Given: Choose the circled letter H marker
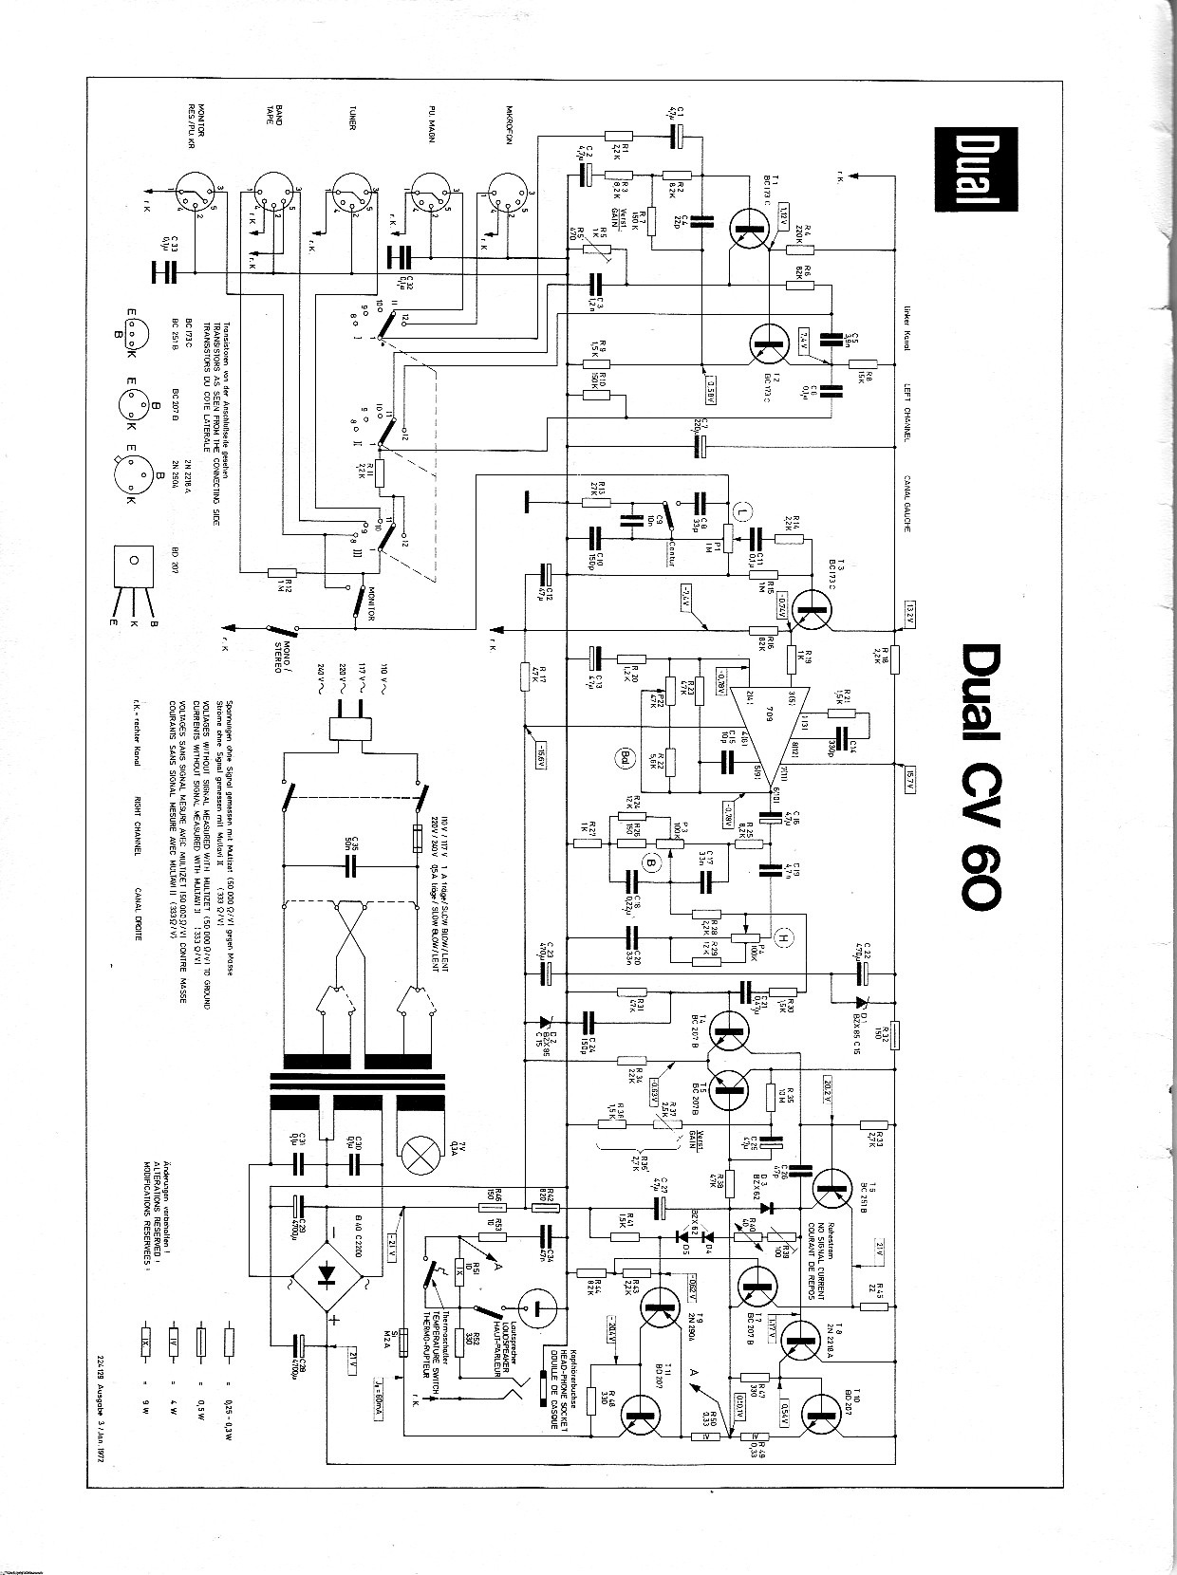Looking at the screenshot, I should pyautogui.click(x=784, y=938).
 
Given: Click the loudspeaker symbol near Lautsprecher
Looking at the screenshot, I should pyautogui.click(x=538, y=1311).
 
